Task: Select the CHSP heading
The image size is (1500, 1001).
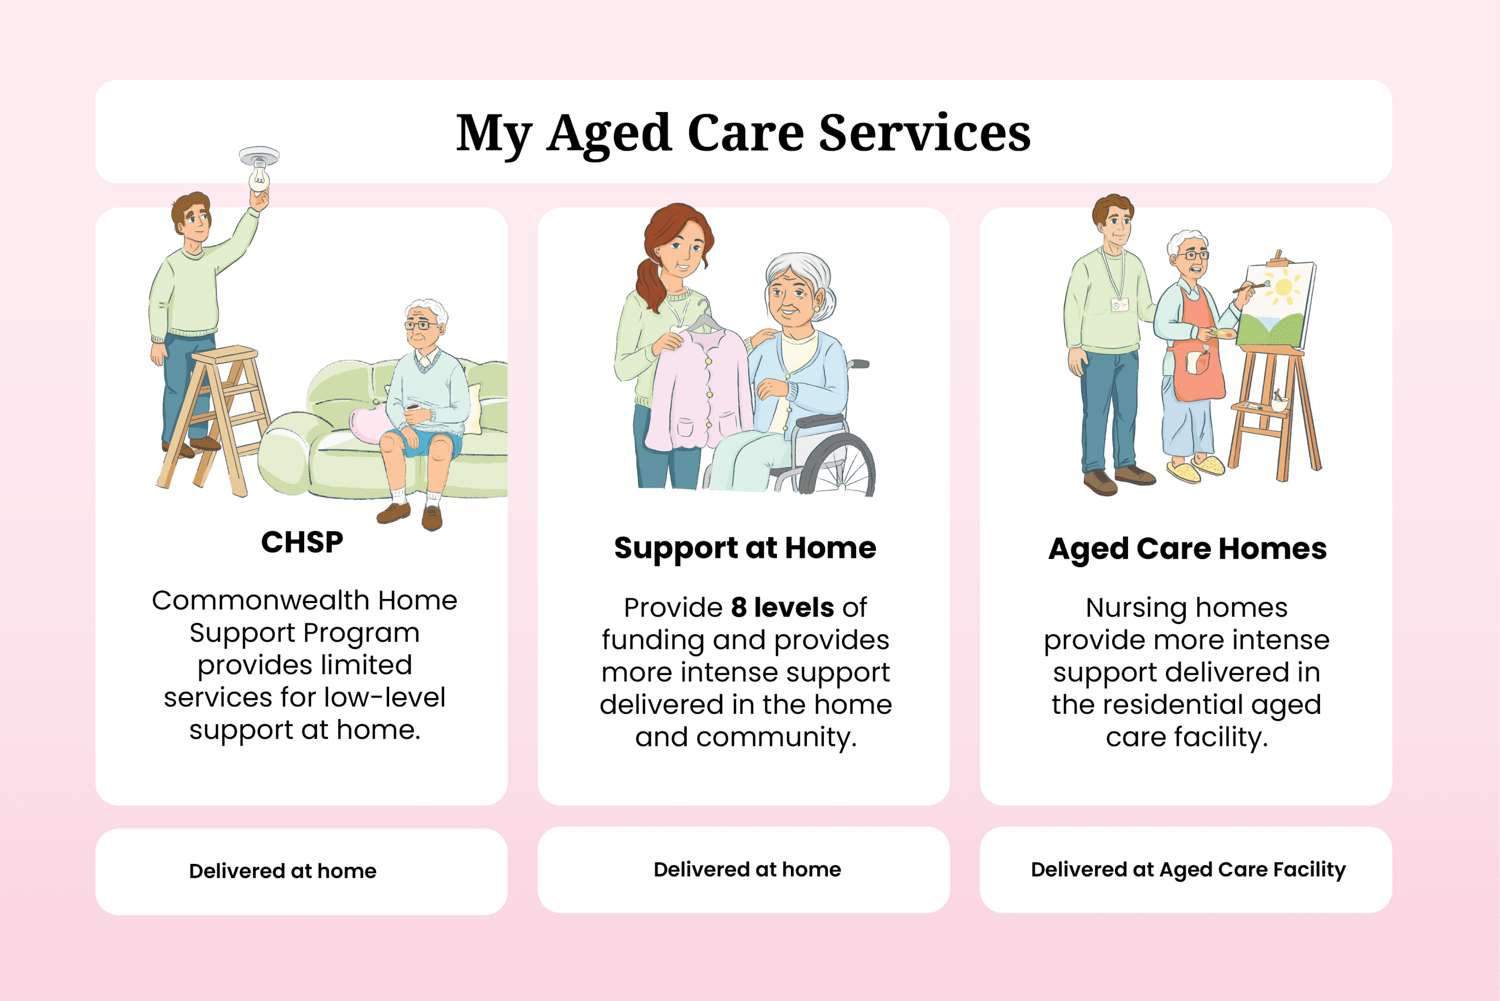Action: point(302,542)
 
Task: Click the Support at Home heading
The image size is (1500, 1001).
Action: point(745,549)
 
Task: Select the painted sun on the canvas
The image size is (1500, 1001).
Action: point(1283,287)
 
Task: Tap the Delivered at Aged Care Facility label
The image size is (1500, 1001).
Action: point(1188,870)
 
